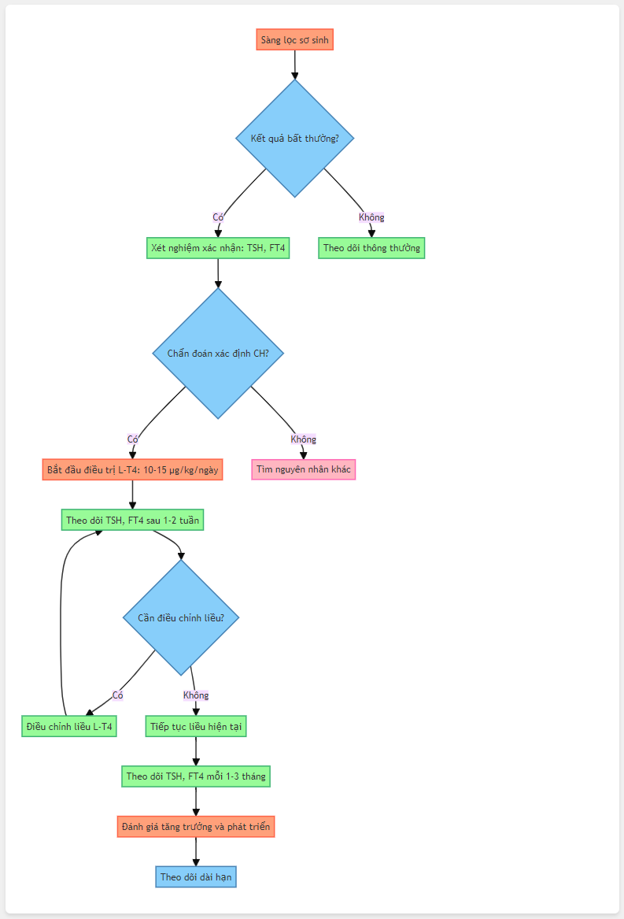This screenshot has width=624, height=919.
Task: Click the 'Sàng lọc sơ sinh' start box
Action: [295, 40]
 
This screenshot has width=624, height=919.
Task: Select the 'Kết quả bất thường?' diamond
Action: [295, 139]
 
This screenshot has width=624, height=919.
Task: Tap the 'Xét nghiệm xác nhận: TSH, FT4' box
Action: [218, 248]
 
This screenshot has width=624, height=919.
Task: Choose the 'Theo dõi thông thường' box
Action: [371, 248]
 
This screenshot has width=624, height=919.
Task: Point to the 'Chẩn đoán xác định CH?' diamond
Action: [218, 354]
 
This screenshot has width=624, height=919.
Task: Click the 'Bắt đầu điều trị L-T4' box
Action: [132, 469]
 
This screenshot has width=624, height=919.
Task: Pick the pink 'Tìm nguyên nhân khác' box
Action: [304, 469]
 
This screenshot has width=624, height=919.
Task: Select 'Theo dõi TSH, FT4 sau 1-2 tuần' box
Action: [132, 520]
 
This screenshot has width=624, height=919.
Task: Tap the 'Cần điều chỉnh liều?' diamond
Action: [181, 617]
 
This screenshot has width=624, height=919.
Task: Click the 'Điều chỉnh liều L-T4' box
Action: [69, 726]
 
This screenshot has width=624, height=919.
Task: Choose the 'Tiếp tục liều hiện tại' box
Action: [196, 726]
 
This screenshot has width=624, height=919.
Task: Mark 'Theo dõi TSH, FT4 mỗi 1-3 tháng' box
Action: [196, 776]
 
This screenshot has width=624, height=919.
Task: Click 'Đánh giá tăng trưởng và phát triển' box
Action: [196, 826]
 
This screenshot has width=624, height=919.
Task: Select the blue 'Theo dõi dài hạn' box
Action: [196, 876]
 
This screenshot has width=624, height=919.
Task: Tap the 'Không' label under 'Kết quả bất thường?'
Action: [371, 217]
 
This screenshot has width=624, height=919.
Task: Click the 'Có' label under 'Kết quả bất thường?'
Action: [218, 217]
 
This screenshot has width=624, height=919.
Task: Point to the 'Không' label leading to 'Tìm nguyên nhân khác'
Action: [304, 439]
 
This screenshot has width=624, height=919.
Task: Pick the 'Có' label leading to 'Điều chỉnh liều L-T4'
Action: [118, 695]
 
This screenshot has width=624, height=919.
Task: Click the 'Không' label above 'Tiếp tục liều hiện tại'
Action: [196, 695]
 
